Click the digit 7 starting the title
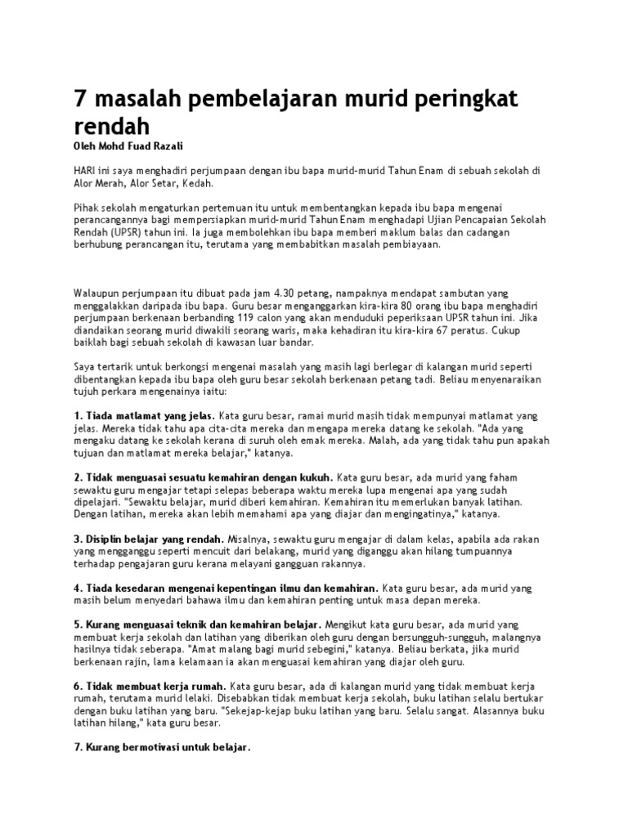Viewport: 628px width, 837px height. pos(80,100)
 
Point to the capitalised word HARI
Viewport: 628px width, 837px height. pos(83,169)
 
